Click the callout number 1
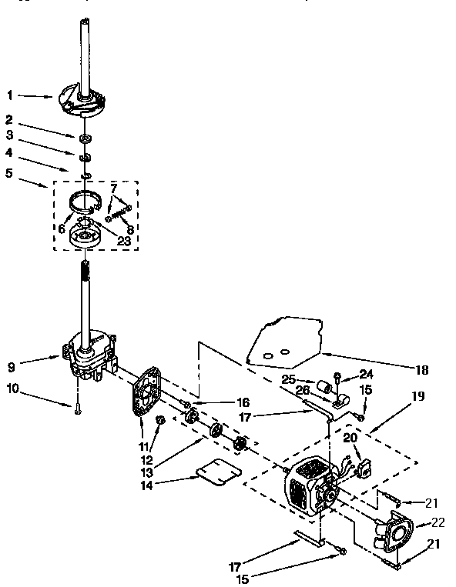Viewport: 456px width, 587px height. (x=10, y=96)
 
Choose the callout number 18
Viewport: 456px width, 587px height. (x=421, y=370)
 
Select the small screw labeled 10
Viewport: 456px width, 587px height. (x=79, y=412)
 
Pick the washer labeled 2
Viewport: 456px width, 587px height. (x=85, y=138)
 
